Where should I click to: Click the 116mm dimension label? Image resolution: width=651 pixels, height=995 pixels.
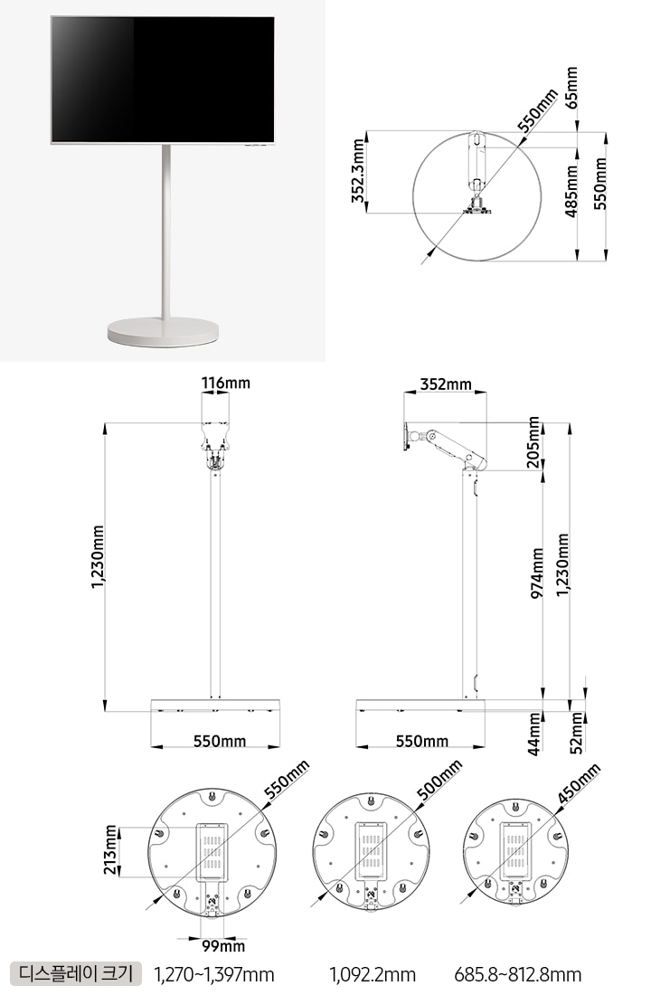[x=226, y=384]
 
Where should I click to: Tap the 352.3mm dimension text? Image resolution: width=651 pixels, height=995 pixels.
[x=359, y=171]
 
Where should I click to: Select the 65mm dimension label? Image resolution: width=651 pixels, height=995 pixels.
[x=571, y=89]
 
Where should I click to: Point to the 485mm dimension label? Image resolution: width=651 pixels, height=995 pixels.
[x=571, y=190]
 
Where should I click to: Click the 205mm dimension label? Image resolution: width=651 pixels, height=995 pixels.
[x=534, y=442]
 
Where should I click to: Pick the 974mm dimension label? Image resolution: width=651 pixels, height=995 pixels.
[x=537, y=573]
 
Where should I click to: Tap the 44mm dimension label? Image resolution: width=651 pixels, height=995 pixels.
[x=535, y=734]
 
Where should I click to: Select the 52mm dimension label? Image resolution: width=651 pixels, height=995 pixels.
[x=576, y=733]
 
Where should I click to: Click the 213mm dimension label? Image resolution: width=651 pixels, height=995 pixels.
[x=111, y=850]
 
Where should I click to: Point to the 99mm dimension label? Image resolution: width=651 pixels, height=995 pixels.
[x=223, y=946]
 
